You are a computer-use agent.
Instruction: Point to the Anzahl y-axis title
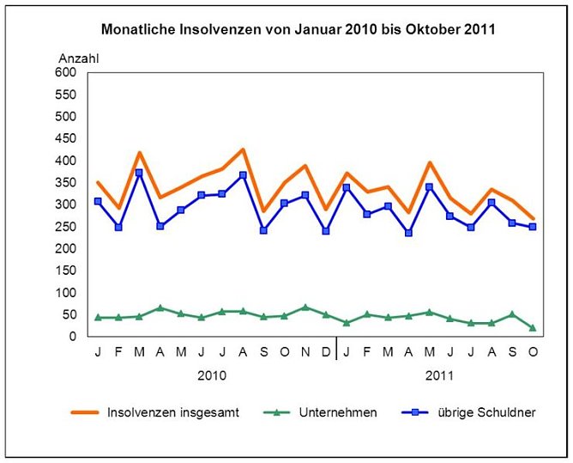tap(79, 58)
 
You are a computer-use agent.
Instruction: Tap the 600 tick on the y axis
tap(65, 72)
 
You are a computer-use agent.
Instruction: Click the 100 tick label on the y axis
tap(65, 293)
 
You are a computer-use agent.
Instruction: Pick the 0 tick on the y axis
tap(72, 337)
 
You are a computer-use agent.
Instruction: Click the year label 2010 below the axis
tap(212, 375)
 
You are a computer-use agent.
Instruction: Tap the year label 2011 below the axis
tap(439, 375)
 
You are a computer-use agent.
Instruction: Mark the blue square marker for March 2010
tap(139, 173)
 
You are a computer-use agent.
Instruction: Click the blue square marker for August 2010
tap(243, 175)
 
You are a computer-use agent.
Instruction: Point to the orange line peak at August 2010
tap(243, 149)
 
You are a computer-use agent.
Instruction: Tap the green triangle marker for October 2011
tap(533, 327)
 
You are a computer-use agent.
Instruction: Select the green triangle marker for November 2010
tap(305, 307)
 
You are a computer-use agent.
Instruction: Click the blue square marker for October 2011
tap(533, 227)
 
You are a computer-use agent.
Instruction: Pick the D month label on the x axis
tap(326, 351)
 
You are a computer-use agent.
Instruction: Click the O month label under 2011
tap(533, 351)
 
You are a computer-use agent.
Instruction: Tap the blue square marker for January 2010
tap(98, 201)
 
